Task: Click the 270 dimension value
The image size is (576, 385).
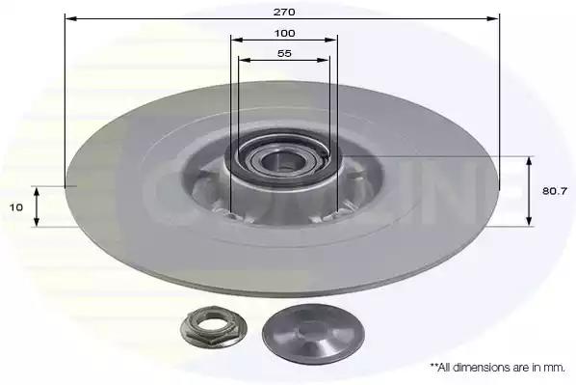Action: click(284, 12)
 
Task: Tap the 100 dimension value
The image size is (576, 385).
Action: click(285, 34)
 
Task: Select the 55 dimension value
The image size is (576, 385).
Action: click(284, 53)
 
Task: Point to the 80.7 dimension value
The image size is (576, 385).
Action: click(555, 191)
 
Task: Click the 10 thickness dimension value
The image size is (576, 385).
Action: click(16, 207)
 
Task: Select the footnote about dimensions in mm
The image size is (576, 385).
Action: click(498, 368)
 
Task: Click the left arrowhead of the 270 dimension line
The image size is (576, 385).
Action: click(70, 18)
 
